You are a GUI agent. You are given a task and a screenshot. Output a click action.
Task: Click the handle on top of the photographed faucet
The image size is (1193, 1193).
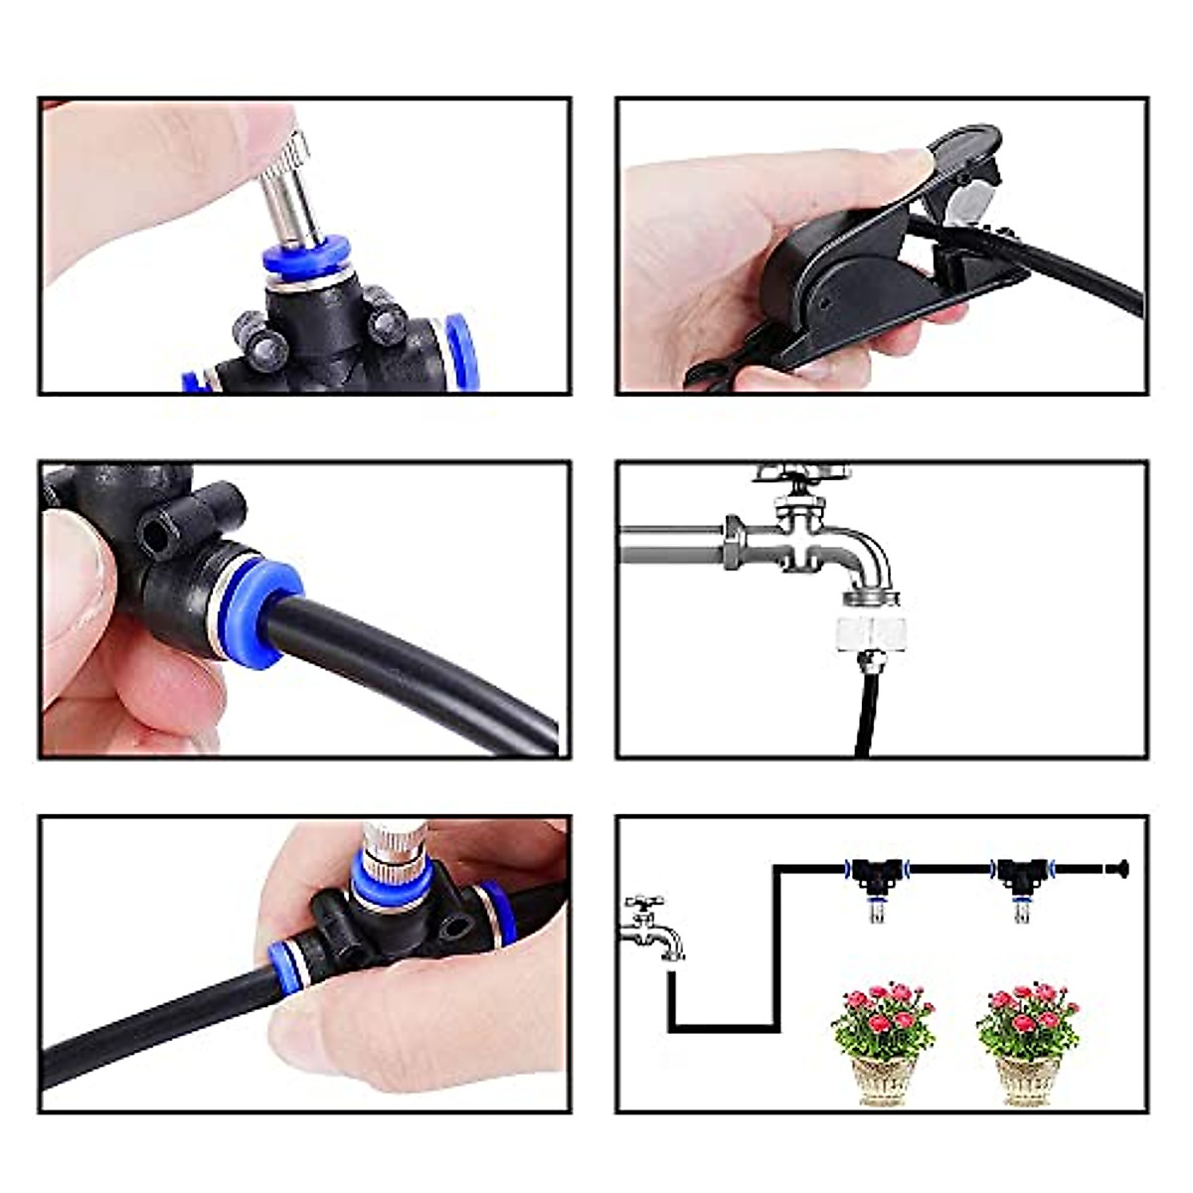click(x=800, y=471)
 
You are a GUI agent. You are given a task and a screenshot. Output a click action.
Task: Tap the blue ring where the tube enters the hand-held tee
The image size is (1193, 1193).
click(x=288, y=962)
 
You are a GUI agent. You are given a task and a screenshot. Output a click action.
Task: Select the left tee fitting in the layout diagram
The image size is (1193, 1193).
click(x=877, y=873)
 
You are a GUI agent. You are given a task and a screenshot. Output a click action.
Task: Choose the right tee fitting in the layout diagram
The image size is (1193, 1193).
click(x=1021, y=873)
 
